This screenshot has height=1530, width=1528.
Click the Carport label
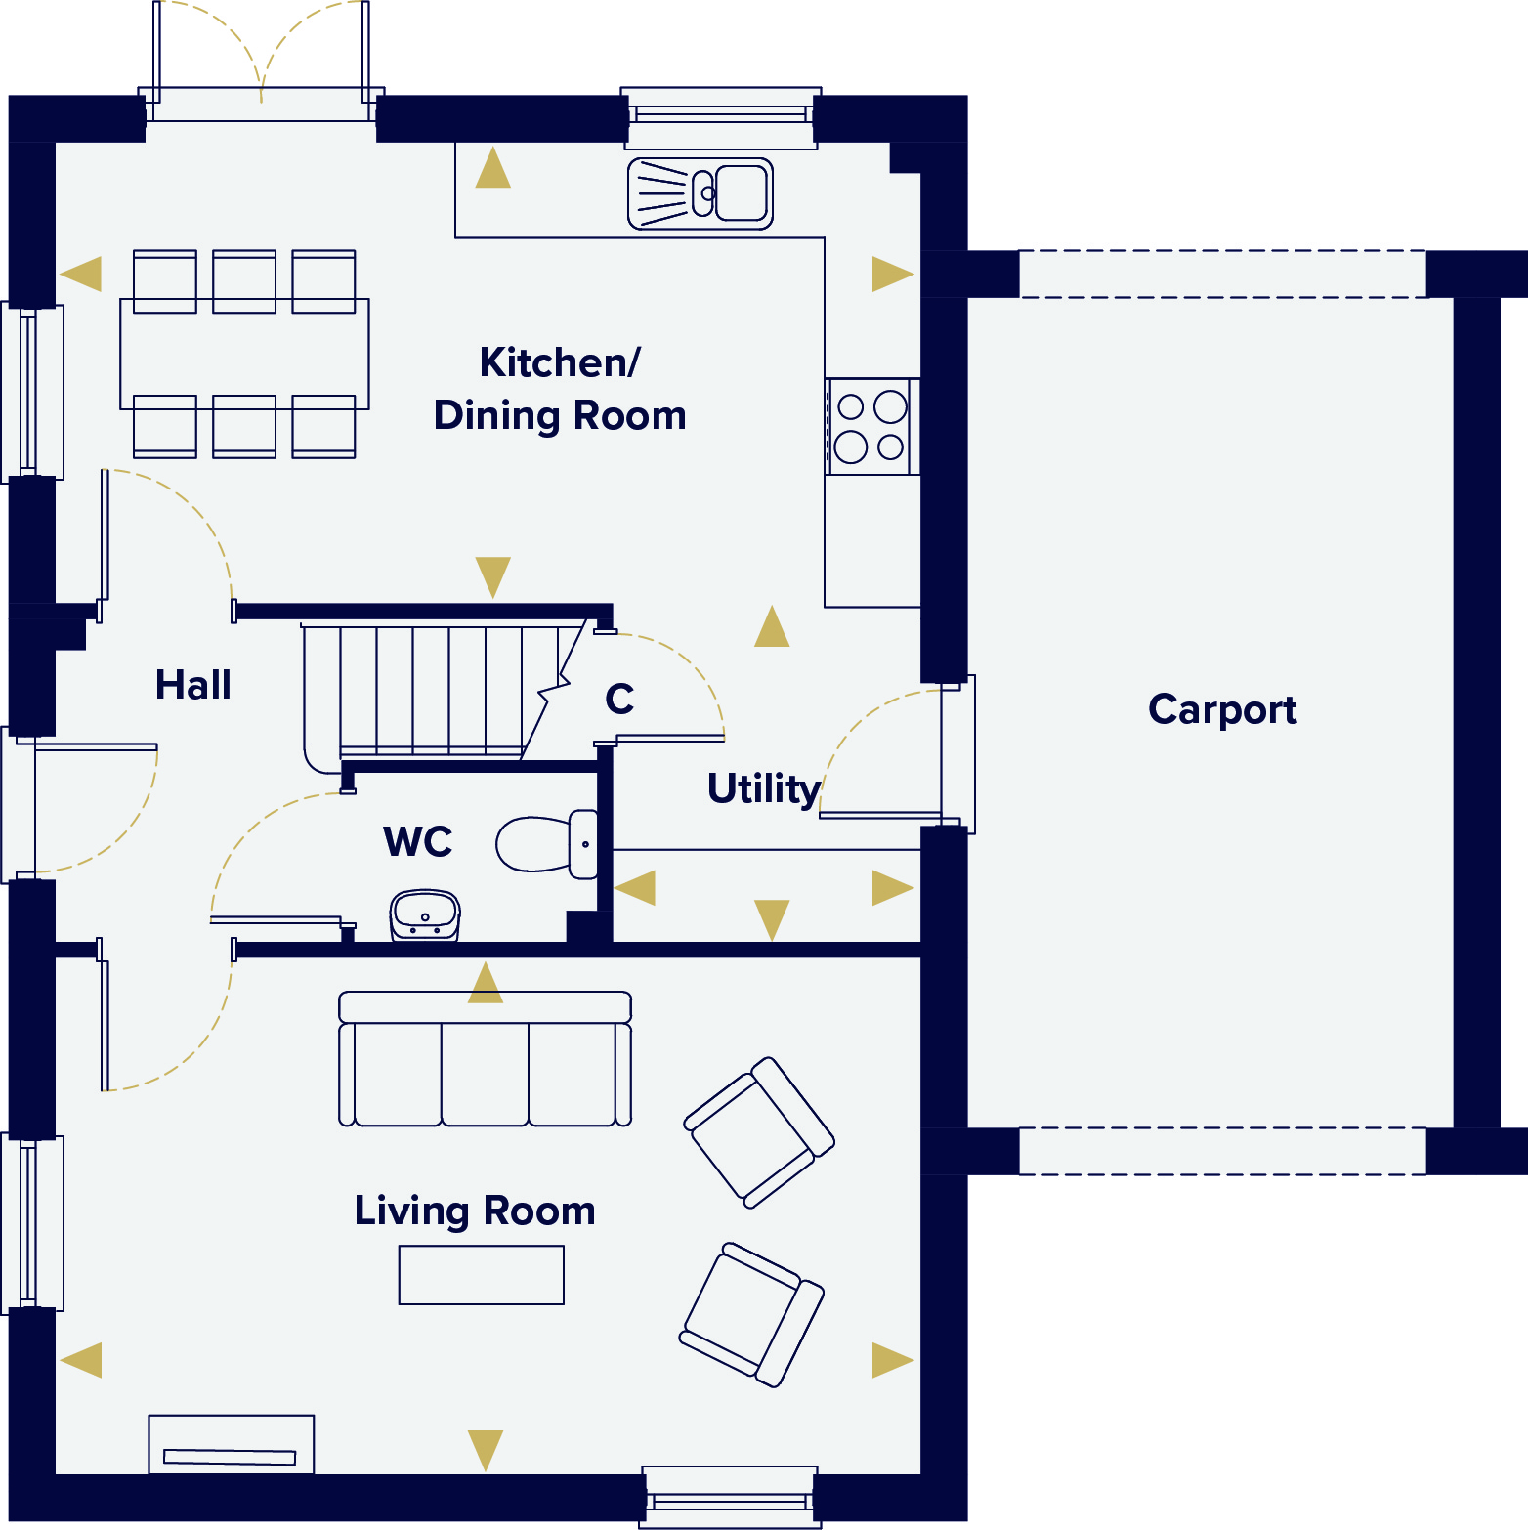[1222, 709]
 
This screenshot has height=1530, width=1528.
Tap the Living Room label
[475, 1211]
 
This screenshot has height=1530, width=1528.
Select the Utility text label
[764, 789]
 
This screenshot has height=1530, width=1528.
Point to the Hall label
[193, 684]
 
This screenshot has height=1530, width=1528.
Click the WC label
[418, 841]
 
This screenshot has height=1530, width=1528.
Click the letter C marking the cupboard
[619, 699]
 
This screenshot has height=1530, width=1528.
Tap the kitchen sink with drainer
[700, 193]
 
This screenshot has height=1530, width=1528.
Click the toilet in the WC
[547, 843]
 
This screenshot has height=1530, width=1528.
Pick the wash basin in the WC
[425, 915]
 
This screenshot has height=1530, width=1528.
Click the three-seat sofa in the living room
[486, 1059]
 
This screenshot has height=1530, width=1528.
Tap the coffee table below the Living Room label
[482, 1275]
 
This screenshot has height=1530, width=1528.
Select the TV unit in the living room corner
[232, 1444]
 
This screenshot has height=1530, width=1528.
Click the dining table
[244, 354]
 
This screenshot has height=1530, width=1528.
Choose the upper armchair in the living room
[759, 1132]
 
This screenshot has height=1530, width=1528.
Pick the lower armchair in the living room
[752, 1314]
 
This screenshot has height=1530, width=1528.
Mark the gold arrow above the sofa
[486, 982]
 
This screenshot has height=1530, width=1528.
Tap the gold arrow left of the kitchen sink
[493, 167]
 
